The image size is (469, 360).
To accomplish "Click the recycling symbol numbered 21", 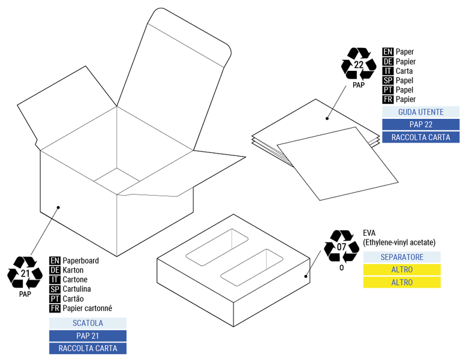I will tap(25, 273).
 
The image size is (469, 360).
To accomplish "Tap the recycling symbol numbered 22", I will tap(359, 65).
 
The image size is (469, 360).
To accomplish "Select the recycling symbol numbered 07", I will tap(341, 246).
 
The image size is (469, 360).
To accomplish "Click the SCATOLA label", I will tap(88, 323).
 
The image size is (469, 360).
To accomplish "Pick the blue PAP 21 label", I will tap(88, 335).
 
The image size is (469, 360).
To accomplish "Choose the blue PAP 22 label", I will tap(420, 124).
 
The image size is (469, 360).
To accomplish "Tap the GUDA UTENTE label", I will tap(420, 112).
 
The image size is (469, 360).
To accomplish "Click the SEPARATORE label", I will tap(401, 257).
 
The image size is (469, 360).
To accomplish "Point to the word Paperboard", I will tap(81, 260).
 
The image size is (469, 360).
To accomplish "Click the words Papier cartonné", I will tap(87, 308).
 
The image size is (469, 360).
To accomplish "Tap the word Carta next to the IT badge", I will tap(404, 71).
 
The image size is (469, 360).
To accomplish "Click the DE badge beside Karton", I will tap(55, 270).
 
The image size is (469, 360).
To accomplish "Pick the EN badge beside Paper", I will tap(387, 52).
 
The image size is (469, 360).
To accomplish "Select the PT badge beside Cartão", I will tap(55, 299).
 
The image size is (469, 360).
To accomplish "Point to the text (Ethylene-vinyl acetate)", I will tap(399, 242).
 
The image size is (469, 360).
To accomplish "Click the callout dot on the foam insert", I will tap(306, 277).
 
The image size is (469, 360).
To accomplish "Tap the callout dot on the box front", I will tap(59, 208).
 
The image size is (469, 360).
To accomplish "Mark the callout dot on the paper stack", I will tap(327, 118).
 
